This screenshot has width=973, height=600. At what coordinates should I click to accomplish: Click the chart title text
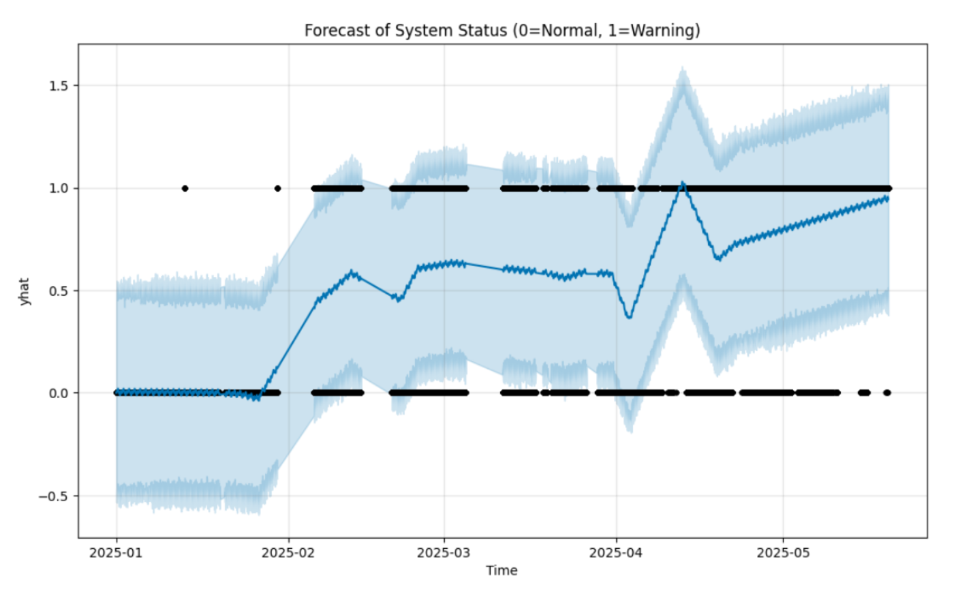[x=501, y=31]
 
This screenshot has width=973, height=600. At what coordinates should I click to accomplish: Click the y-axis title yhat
[x=25, y=291]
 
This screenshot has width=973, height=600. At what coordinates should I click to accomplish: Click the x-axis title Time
[x=501, y=571]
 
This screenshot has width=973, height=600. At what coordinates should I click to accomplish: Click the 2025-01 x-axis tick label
[x=116, y=552]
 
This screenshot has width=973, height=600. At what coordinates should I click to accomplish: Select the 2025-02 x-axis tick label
[x=288, y=552]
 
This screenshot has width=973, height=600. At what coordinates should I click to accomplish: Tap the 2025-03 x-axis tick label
[x=444, y=552]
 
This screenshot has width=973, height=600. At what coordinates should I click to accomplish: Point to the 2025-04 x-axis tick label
[x=616, y=552]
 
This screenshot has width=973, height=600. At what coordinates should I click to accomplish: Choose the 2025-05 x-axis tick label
[x=783, y=552]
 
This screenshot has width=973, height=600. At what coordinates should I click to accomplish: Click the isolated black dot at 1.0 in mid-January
[x=185, y=188]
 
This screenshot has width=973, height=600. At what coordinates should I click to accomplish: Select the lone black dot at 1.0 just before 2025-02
[x=277, y=188]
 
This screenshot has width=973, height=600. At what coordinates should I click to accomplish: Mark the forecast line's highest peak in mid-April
[x=683, y=183]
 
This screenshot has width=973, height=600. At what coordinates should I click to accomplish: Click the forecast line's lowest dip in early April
[x=629, y=317]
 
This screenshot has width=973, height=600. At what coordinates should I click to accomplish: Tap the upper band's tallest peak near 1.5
[x=682, y=70]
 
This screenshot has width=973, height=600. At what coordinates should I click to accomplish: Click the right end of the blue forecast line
[x=887, y=198]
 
